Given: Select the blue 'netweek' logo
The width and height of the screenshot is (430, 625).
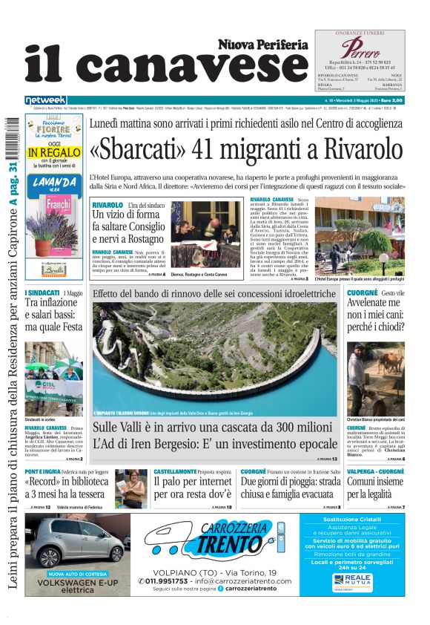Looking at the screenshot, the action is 45,99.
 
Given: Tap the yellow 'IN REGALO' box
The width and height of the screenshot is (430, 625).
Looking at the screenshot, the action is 54,153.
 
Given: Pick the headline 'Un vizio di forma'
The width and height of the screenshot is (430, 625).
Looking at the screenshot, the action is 127,215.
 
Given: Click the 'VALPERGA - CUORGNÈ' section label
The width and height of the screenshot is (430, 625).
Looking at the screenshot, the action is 377,471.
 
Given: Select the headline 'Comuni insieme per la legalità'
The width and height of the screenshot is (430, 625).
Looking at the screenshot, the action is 375,487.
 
